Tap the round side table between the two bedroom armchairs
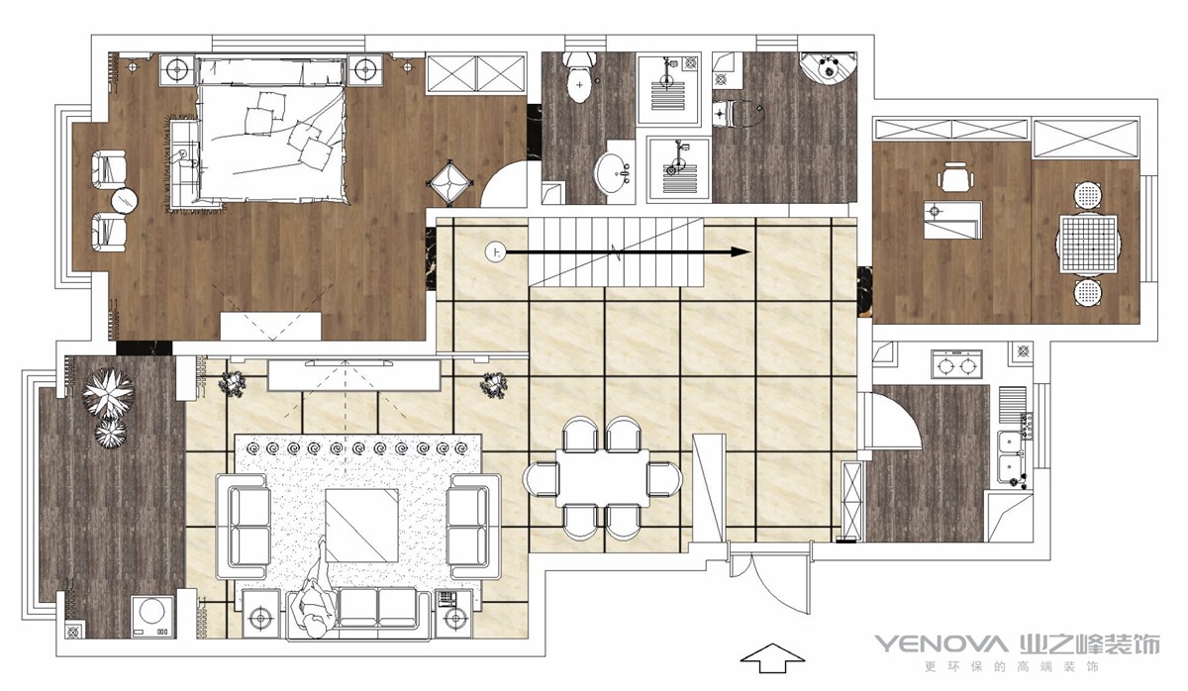click(125, 200)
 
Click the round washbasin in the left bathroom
click(614, 172)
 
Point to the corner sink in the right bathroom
click(828, 73)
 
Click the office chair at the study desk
click(955, 176)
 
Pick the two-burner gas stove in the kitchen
click(956, 364)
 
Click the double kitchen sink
click(1011, 456)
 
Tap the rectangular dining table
click(603, 477)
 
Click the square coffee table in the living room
click(361, 525)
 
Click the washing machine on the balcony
click(152, 617)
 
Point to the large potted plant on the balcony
click(108, 392)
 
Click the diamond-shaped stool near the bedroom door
click(449, 183)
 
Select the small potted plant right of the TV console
click(494, 384)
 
